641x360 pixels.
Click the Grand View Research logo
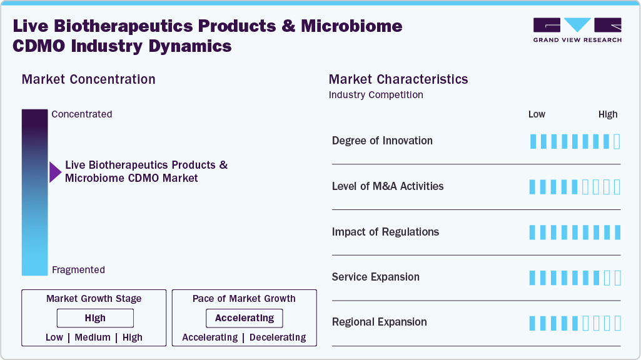[x=577, y=30]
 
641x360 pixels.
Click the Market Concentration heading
[x=89, y=79]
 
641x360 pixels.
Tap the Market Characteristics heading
[x=398, y=79]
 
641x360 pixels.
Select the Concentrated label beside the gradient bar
[x=82, y=114]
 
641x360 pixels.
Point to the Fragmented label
[x=78, y=270]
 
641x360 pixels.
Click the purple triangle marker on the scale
[x=55, y=172]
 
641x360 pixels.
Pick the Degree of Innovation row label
[x=382, y=141]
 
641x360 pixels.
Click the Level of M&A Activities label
[x=388, y=186]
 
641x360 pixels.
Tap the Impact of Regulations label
[x=385, y=232]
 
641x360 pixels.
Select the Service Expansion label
[x=376, y=277]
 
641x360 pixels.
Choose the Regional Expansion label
[x=380, y=322]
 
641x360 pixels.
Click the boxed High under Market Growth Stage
[x=95, y=318]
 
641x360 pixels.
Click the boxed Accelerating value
[x=245, y=318]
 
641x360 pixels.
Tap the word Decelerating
[x=278, y=337]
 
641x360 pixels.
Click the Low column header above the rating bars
[x=537, y=114]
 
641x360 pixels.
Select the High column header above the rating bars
[x=608, y=114]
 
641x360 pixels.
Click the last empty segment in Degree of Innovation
[x=617, y=141]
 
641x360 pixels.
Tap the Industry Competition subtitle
[x=376, y=95]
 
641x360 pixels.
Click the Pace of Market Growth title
[x=244, y=299]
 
